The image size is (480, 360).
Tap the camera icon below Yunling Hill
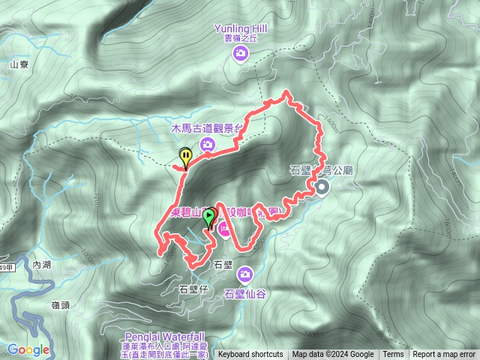tap(241, 52)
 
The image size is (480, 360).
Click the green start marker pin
tap(209, 217)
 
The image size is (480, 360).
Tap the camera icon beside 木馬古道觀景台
tap(208, 145)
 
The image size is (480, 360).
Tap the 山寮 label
tap(18, 64)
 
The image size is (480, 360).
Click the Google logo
tap(28, 349)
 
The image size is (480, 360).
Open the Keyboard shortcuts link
tap(250, 355)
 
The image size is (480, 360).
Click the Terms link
tap(392, 355)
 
